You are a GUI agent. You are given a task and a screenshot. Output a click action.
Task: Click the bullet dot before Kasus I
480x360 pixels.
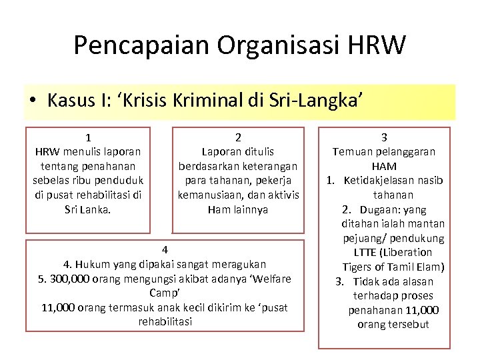[32, 101]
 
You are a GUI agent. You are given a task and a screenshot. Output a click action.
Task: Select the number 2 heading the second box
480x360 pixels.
[238, 137]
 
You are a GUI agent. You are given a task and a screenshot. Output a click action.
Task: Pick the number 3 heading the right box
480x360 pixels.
[384, 137]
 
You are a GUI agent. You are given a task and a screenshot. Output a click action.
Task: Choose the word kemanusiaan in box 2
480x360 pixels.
[210, 195]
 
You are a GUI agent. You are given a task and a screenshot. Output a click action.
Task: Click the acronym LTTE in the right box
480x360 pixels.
[367, 253]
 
